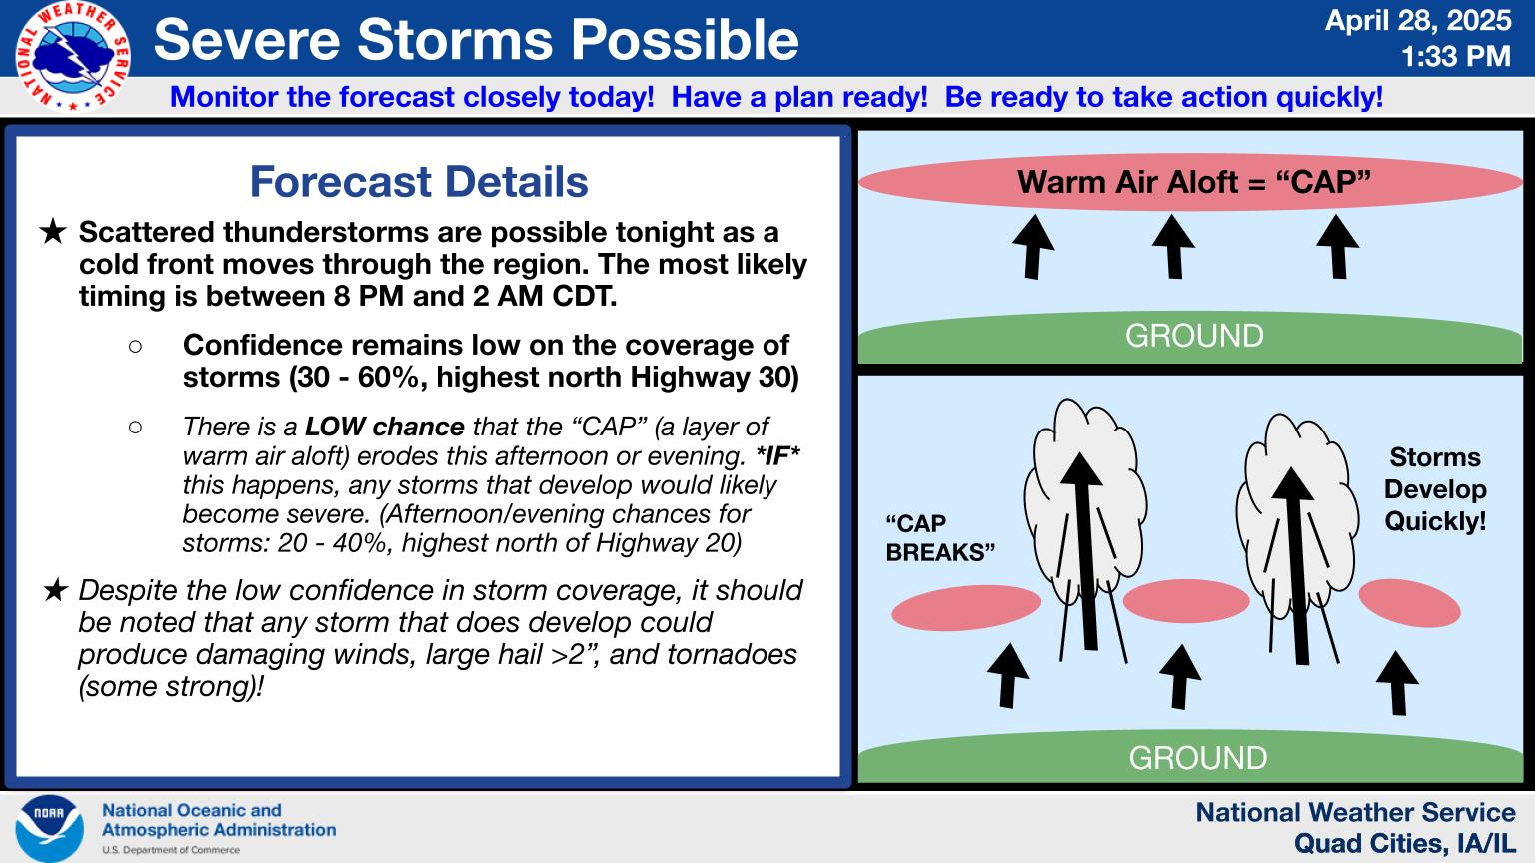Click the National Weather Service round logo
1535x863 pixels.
point(73,57)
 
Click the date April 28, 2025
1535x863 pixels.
point(1418,21)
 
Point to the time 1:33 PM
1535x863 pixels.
point(1455,56)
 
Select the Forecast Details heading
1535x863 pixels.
point(419,182)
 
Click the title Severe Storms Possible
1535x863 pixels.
point(477,40)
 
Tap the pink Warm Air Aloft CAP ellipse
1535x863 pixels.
point(1190,182)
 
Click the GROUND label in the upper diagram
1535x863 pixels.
point(1194,336)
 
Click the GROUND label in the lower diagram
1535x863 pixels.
point(1198,758)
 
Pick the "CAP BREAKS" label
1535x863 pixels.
point(940,538)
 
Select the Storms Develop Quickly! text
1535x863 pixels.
point(1435,489)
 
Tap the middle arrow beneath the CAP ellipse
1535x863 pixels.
point(1174,247)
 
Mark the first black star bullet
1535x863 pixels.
point(53,232)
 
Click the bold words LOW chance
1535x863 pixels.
point(385,427)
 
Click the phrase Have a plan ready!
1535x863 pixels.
point(799,97)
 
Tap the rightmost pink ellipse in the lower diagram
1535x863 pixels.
point(1409,603)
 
